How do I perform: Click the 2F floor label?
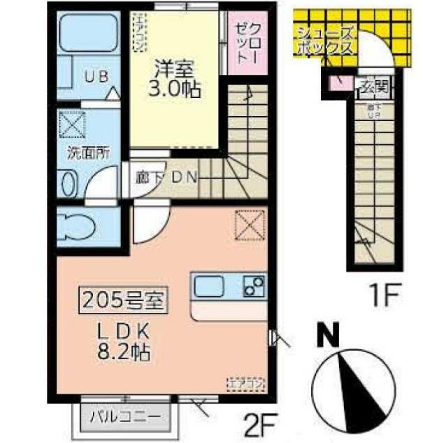pyautogui.click(x=259, y=423)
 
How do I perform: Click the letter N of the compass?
pyautogui.click(x=324, y=337)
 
